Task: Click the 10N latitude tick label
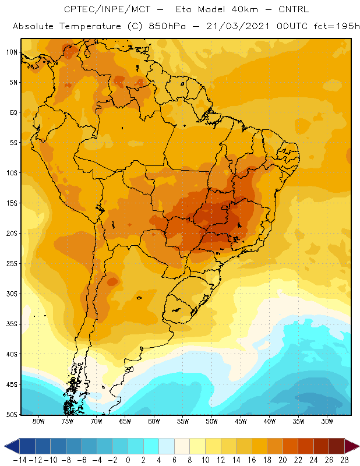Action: point(12,52)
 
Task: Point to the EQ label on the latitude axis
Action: point(13,112)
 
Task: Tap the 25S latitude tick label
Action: point(12,264)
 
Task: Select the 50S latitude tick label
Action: point(12,414)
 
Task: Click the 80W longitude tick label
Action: point(38,421)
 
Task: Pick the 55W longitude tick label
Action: point(183,421)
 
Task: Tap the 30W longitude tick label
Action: point(327,421)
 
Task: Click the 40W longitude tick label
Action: point(270,421)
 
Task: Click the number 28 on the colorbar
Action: point(344,460)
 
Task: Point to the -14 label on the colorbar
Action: point(20,460)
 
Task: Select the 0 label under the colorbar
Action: point(128,460)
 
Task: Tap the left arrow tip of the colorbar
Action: point(5,446)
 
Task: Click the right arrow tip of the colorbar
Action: point(359,446)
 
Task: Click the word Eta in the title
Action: point(183,9)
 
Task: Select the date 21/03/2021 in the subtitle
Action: point(238,26)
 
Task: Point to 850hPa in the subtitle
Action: point(167,26)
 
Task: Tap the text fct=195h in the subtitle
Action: point(337,26)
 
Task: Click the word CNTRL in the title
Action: point(294,9)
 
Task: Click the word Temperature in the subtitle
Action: point(90,27)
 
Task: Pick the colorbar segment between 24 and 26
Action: point(321,446)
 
